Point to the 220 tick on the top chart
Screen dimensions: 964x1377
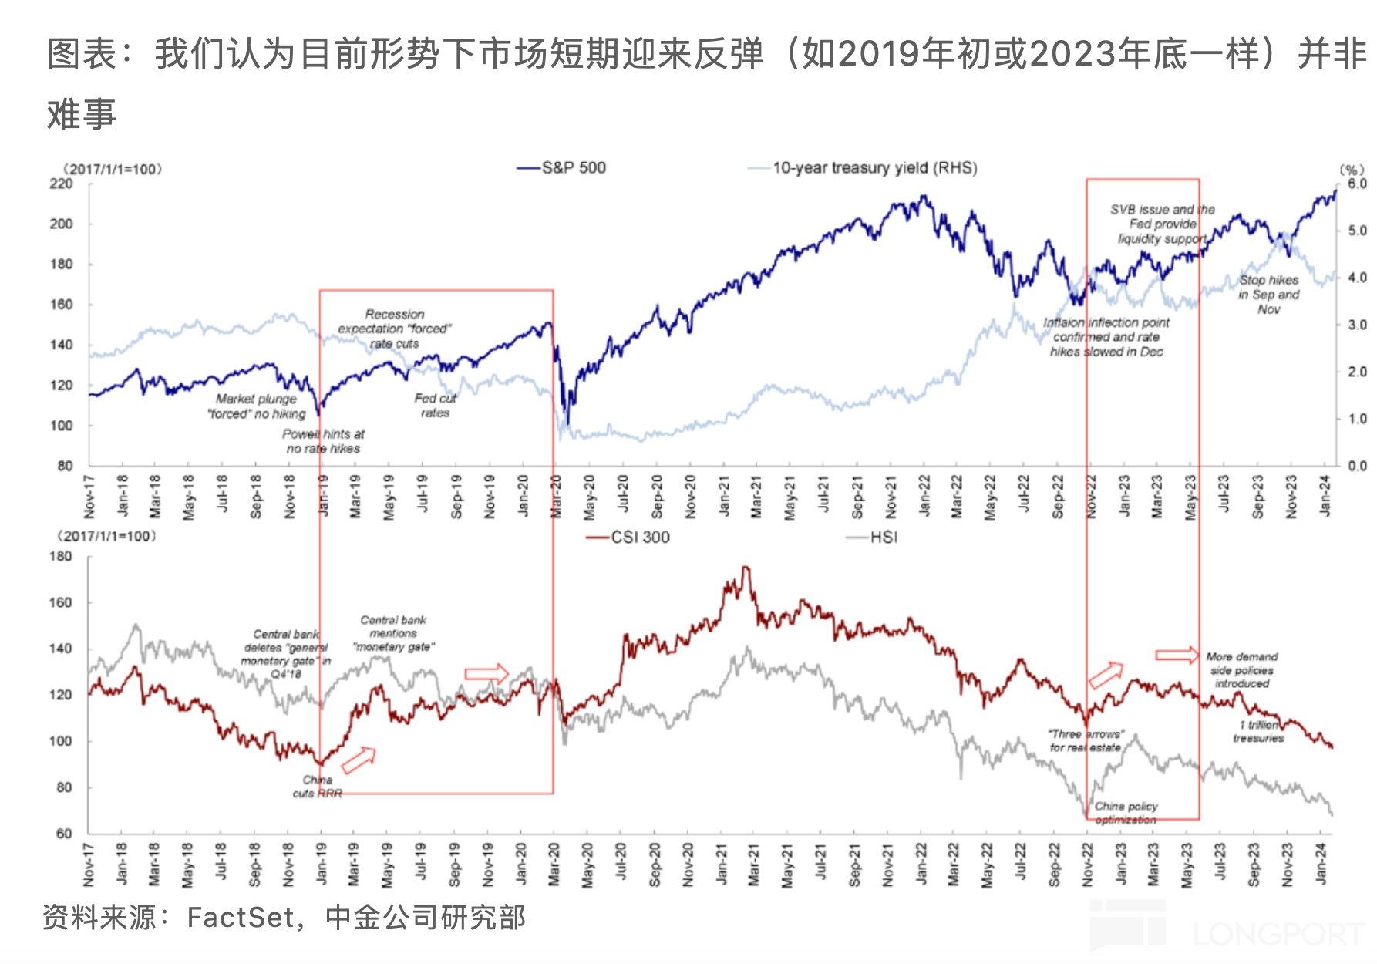pos(61,184)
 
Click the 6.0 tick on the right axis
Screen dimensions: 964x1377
pos(1357,184)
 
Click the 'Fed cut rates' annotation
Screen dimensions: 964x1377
pos(436,406)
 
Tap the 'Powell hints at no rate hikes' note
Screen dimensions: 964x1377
pos(323,441)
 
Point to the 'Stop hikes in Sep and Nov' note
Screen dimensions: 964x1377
pos(1269,295)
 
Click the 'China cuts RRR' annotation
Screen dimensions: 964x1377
pos(317,787)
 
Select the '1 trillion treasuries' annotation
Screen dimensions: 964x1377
pos(1258,731)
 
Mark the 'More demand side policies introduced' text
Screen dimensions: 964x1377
pos(1242,670)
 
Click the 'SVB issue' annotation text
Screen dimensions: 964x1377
pos(1163,224)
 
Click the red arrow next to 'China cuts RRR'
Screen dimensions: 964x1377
pos(359,760)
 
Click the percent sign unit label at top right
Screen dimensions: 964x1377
pos(1352,169)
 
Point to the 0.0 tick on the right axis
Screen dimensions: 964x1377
pos(1357,466)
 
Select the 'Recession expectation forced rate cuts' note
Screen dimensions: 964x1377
pos(395,329)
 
